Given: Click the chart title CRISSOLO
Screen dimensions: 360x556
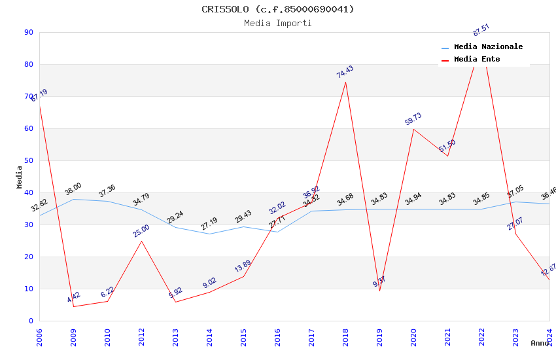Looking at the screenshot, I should point(277,9).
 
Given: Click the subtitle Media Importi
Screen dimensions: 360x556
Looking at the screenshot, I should point(277,23).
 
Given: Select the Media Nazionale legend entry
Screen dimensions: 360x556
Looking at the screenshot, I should point(488,47).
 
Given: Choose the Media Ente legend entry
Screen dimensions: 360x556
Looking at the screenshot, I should point(477,60).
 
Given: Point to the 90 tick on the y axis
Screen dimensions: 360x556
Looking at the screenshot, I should point(29,32).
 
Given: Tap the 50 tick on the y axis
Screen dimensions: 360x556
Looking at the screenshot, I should point(29,160).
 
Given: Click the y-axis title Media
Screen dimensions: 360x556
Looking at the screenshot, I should point(20,177).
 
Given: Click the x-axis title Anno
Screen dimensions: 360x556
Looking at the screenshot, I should point(540,343).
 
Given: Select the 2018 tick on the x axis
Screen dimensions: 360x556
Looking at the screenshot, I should point(345,338).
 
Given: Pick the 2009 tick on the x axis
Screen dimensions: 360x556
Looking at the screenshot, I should point(73,338).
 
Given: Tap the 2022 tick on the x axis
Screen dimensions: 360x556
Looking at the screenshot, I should point(481,338).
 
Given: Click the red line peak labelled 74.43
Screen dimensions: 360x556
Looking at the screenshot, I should point(345,82).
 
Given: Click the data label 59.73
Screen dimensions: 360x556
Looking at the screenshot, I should point(413,119).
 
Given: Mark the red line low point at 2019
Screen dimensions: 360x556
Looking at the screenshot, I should point(379,291).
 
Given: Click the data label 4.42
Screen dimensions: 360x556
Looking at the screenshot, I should point(73,298).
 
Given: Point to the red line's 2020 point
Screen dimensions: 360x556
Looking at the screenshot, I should point(413,129).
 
